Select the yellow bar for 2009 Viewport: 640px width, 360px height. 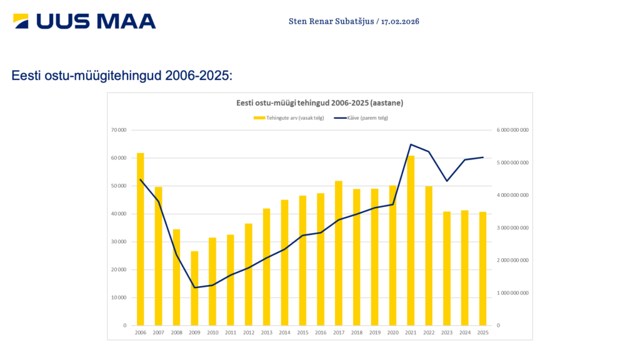194,288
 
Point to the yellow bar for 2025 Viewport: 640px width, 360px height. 482,269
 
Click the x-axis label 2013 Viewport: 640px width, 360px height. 267,333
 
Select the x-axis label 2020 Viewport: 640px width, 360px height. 392,333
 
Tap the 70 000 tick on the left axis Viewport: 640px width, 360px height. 119,130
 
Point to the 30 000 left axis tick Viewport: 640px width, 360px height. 119,242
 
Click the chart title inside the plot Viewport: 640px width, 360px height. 319,102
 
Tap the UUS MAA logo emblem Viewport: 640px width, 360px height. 21,22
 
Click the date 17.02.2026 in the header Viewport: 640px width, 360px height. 400,21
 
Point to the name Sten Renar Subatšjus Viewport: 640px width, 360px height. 331,21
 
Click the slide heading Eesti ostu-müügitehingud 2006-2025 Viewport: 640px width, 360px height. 122,76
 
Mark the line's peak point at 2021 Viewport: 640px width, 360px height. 411,144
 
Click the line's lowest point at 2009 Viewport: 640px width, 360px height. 194,287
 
